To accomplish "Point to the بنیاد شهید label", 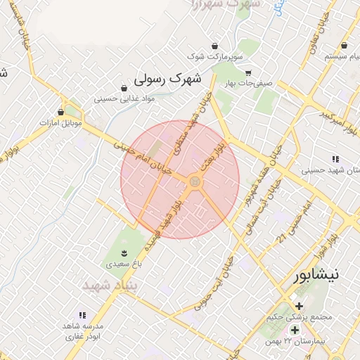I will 107,286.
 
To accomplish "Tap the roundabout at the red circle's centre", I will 195,182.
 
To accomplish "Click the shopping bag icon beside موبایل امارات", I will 60,112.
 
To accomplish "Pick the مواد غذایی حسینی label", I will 124,99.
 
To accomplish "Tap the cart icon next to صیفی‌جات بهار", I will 247,72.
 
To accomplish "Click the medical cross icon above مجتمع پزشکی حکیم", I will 300,306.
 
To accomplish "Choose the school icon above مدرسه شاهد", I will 82,316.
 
